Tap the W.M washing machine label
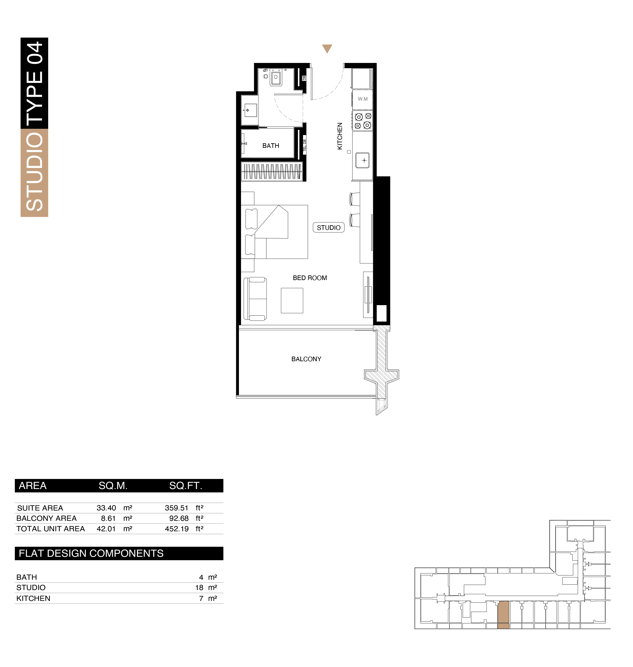[x=363, y=99]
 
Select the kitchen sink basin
[x=362, y=160]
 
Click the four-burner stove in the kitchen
[x=362, y=121]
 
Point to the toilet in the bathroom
[x=276, y=78]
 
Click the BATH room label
[x=271, y=146]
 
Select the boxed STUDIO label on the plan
[x=329, y=228]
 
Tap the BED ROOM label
[x=310, y=278]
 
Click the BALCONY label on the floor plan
[x=306, y=359]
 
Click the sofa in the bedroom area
[x=255, y=299]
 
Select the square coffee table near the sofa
[x=292, y=300]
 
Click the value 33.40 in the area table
[x=106, y=508]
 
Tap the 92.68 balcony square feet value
[x=179, y=518]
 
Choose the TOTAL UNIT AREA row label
[x=51, y=529]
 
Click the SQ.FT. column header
[x=186, y=486]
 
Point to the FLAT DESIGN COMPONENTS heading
[x=91, y=553]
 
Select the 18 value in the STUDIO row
[x=199, y=588]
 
